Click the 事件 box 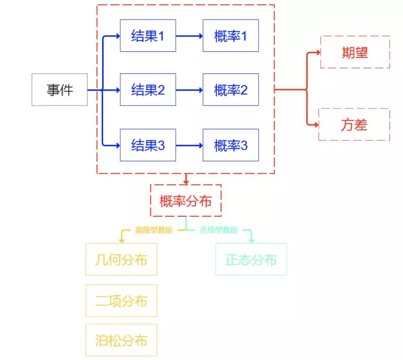(x=60, y=90)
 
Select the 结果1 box (x=148, y=35)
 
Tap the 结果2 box (x=148, y=90)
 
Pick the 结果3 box (x=148, y=145)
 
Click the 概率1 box (x=231, y=35)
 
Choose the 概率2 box (x=231, y=90)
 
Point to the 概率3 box (x=231, y=145)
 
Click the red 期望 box (x=355, y=52)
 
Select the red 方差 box (x=354, y=124)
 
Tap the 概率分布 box (x=186, y=200)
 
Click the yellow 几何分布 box (x=121, y=259)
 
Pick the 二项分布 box (x=121, y=301)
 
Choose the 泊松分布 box (x=121, y=340)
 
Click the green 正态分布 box (x=251, y=259)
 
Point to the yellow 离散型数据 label (x=154, y=230)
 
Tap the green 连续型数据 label (x=219, y=230)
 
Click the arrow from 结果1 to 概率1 (x=190, y=36)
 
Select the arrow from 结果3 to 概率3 (x=190, y=146)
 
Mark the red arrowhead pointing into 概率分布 (x=186, y=182)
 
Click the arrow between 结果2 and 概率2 (x=190, y=90)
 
